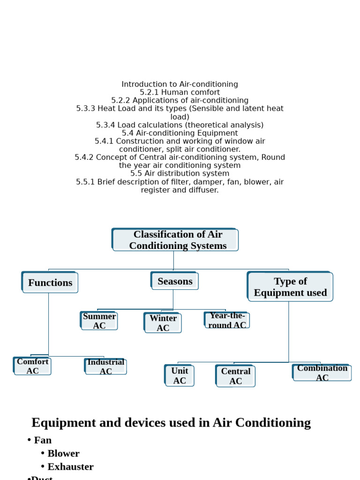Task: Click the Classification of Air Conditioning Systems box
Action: pyautogui.click(x=175, y=240)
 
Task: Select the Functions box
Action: pyautogui.click(x=50, y=282)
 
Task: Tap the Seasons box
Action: pyautogui.click(x=174, y=281)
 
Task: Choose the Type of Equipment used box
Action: pyautogui.click(x=290, y=286)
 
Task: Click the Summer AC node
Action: pyautogui.click(x=99, y=321)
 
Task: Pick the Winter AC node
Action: pyautogui.click(x=163, y=322)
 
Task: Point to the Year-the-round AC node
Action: pyautogui.click(x=227, y=320)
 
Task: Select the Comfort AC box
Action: pyautogui.click(x=32, y=366)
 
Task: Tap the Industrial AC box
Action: pyautogui.click(x=105, y=367)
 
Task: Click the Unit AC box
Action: pyautogui.click(x=180, y=375)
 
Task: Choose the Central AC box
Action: pyautogui.click(x=235, y=376)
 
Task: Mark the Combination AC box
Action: pyautogui.click(x=322, y=373)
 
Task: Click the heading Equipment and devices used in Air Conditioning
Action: pyautogui.click(x=171, y=422)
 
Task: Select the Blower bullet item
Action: pyautogui.click(x=63, y=453)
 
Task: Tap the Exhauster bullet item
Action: pyautogui.click(x=70, y=466)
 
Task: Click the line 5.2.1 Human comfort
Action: pyautogui.click(x=180, y=92)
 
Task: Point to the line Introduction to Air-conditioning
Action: pyautogui.click(x=180, y=84)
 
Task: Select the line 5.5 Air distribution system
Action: pyautogui.click(x=180, y=173)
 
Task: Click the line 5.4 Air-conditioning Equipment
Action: pyautogui.click(x=180, y=133)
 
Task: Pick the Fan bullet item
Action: pyautogui.click(x=43, y=440)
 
